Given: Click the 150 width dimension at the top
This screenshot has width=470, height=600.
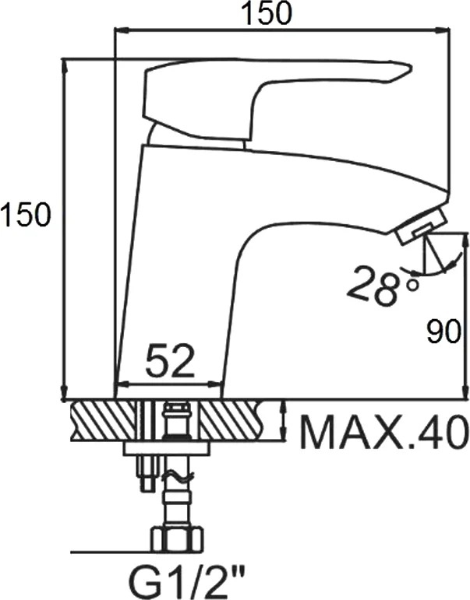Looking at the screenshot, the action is pyautogui.click(x=268, y=13).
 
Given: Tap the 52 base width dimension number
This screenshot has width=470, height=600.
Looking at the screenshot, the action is pyautogui.click(x=171, y=360).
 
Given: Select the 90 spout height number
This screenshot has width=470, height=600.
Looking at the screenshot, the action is pyautogui.click(x=443, y=332).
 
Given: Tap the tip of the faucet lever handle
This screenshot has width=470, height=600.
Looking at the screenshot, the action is pyautogui.click(x=411, y=69).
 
